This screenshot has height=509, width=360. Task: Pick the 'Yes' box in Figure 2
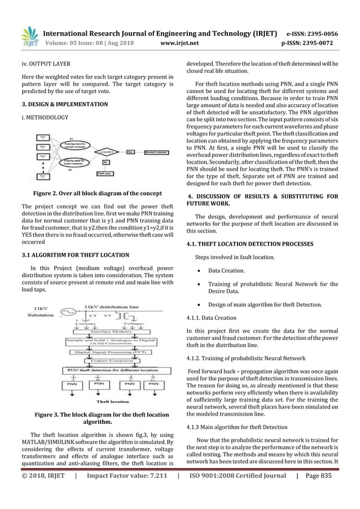point(130,151)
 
